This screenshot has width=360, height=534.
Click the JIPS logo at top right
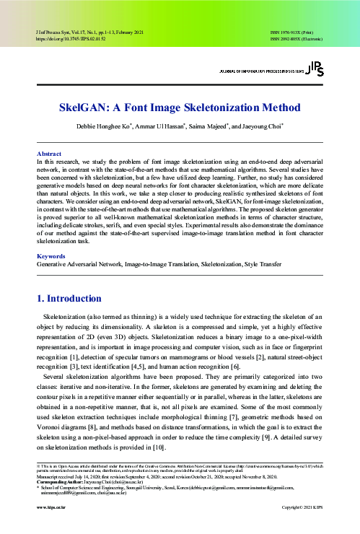click(x=315, y=69)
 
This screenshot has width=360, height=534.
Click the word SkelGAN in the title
click(x=88, y=108)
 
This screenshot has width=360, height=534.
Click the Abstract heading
click(x=48, y=154)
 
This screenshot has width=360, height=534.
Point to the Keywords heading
click(x=51, y=235)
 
